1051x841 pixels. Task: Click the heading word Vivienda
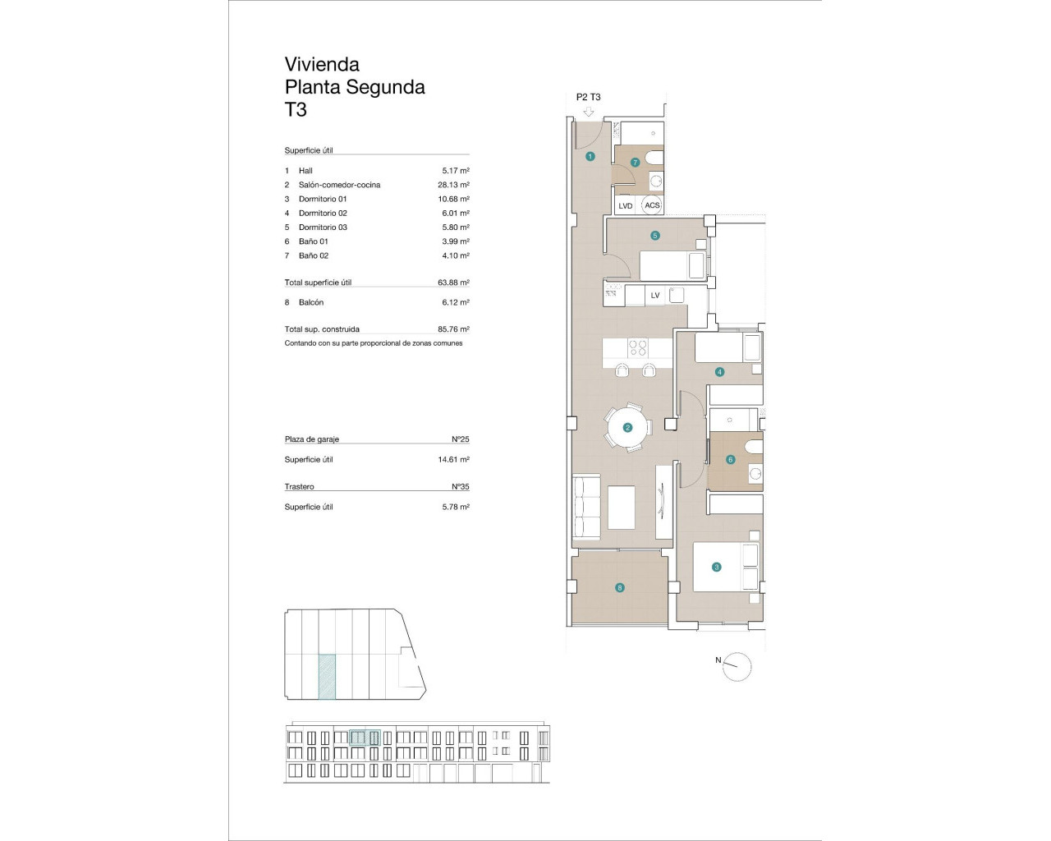322,64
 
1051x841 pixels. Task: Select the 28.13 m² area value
453,185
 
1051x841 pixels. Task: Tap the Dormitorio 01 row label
323,199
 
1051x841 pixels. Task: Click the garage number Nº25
460,439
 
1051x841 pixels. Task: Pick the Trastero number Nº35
460,487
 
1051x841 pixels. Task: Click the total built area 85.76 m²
453,329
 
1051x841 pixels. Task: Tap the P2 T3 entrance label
588,97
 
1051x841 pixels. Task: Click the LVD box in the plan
626,206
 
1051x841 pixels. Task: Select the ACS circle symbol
652,205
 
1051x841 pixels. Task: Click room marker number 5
655,236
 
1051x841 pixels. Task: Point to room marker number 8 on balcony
620,587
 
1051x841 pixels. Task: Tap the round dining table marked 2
628,427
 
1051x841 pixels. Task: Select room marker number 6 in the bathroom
731,460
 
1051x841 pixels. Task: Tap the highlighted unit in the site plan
327,676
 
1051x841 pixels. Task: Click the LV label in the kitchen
655,296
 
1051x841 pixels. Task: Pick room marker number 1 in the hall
590,156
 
